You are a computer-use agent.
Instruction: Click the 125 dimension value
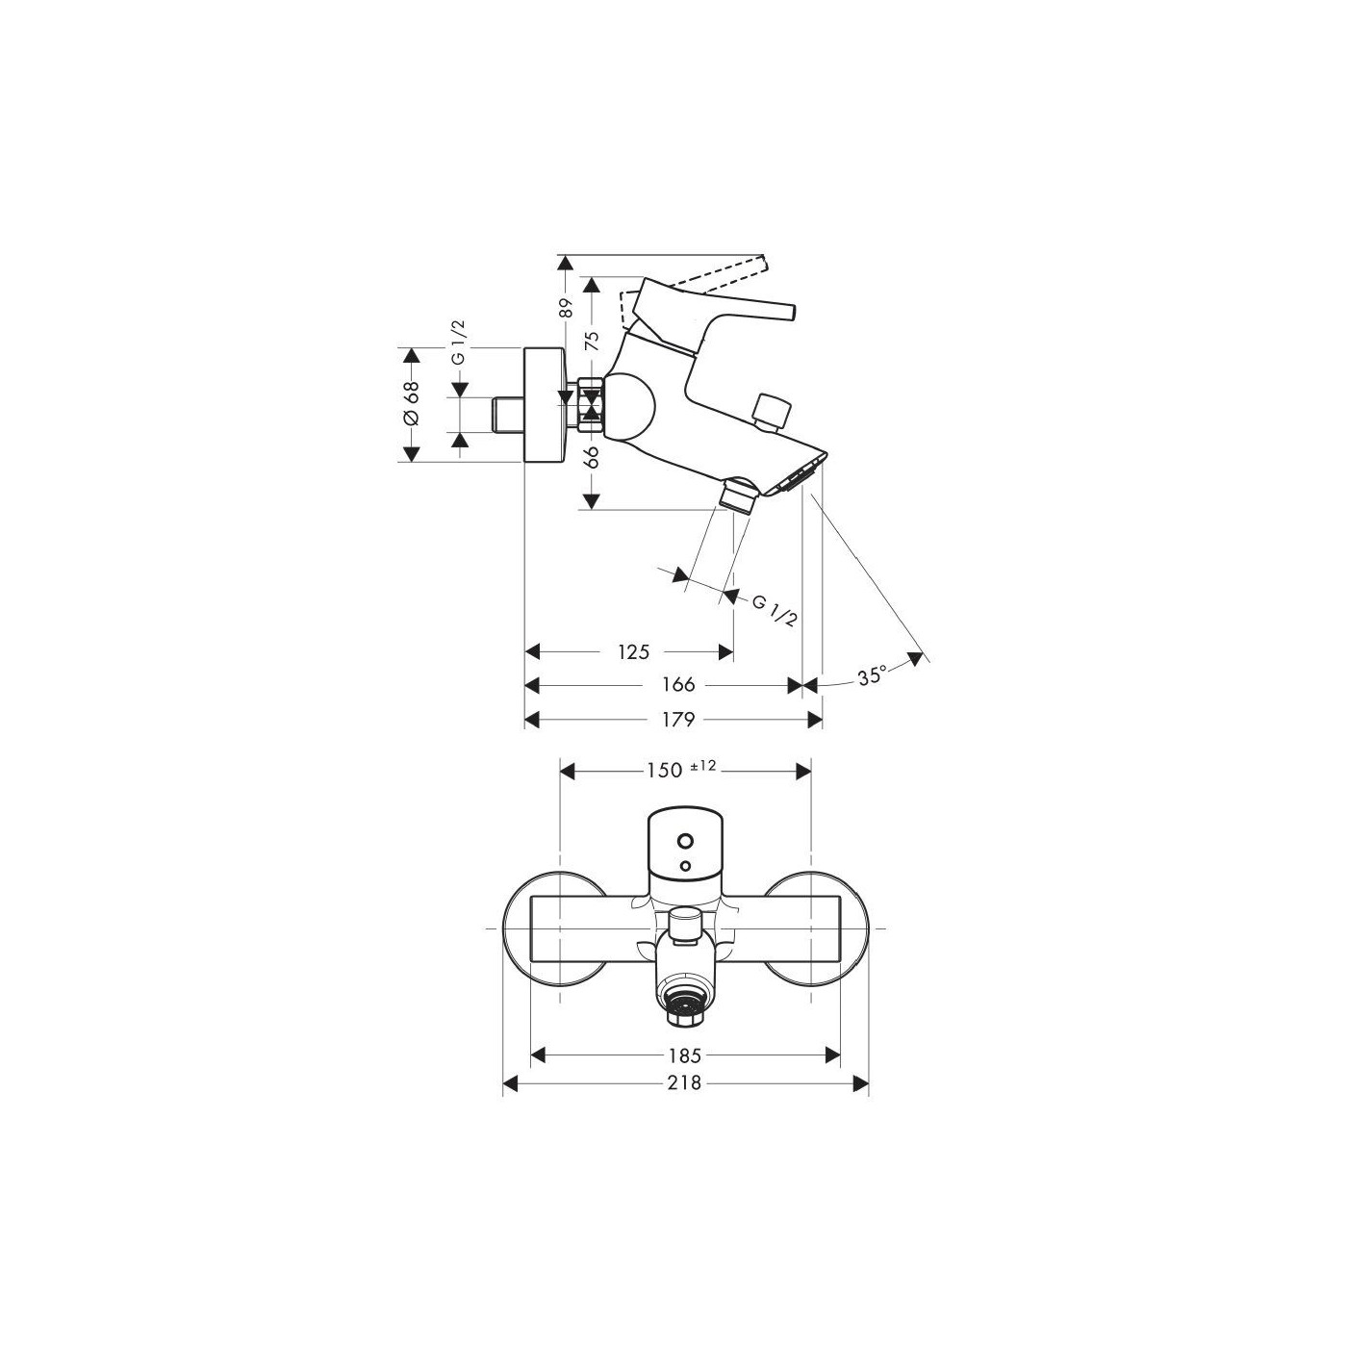point(632,652)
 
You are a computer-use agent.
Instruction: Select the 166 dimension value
point(677,685)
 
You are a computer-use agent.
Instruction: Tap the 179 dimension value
point(677,720)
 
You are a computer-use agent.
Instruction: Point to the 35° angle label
point(871,676)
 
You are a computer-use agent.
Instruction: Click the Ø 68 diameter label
point(412,404)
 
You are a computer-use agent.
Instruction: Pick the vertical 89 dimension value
point(566,308)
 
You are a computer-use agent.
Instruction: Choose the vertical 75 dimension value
point(593,340)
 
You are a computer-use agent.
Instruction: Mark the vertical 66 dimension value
point(593,456)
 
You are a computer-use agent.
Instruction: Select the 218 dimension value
point(685,1084)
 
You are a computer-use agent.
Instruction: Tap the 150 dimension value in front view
point(660,770)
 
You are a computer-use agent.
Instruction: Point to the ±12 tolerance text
point(703,766)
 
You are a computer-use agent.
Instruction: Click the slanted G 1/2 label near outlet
point(775,610)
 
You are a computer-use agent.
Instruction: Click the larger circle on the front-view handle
point(684,840)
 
